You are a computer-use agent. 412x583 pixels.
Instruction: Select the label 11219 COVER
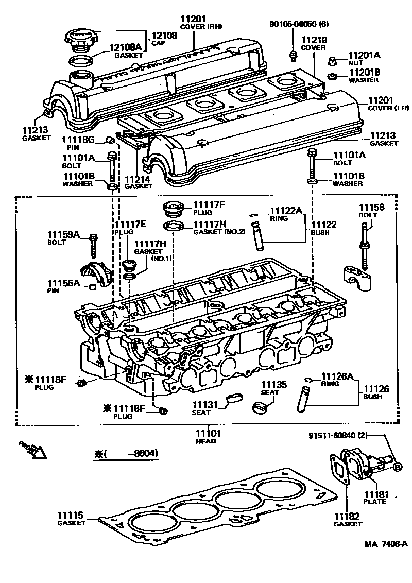pyautogui.click(x=313, y=43)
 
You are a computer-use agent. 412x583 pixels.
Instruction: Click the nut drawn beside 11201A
pyautogui.click(x=333, y=61)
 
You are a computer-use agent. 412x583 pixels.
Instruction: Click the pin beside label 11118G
pyautogui.click(x=110, y=140)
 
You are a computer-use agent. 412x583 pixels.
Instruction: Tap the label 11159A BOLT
pyautogui.click(x=64, y=238)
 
